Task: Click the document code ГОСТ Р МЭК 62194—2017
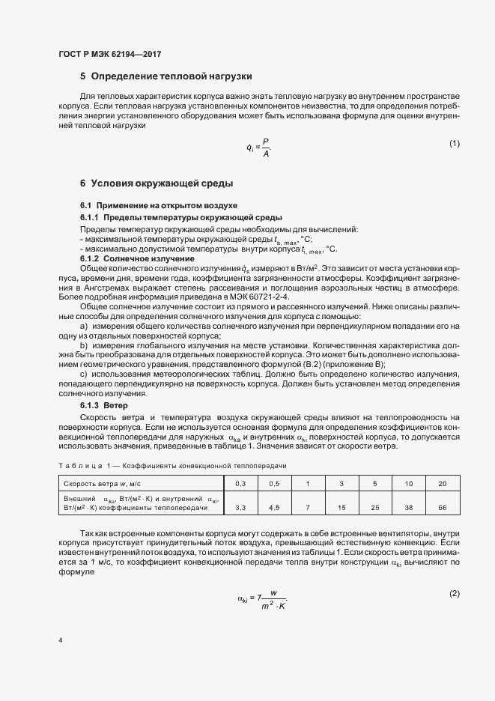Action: tap(109, 55)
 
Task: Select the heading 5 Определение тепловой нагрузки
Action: tap(165, 76)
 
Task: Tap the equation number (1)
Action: tap(454, 143)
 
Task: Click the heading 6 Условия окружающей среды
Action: tap(157, 183)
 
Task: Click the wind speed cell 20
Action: tap(441, 483)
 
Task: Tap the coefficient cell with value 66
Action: tap(441, 508)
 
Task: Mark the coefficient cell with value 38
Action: tap(407, 508)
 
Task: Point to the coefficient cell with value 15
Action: tap(341, 508)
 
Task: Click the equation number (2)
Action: tap(454, 573)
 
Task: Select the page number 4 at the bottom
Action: tap(60, 641)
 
